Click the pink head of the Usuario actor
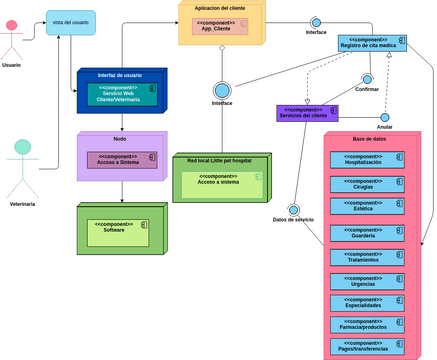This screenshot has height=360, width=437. [x=12, y=25]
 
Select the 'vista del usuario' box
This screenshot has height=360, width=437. [x=71, y=23]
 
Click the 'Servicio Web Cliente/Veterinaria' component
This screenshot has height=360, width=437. [x=120, y=93]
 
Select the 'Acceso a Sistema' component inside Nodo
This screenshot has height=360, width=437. [x=121, y=159]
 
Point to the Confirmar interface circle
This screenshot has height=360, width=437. [x=367, y=78]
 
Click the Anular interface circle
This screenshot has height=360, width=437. [x=384, y=117]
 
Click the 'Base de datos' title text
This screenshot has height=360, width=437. [x=370, y=139]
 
